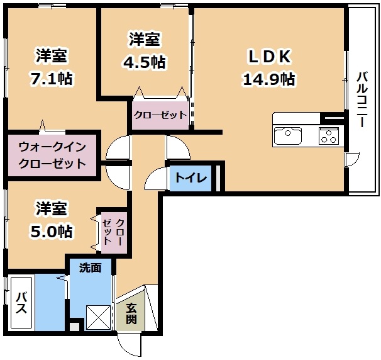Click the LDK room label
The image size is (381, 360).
tap(269, 57)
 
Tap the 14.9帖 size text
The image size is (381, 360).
tap(269, 79)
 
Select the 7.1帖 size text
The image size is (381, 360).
tap(52, 78)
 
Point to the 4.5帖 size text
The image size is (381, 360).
tap(145, 62)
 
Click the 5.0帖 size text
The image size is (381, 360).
tap(52, 231)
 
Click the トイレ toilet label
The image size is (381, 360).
tap(191, 178)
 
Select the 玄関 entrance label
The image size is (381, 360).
tap(131, 313)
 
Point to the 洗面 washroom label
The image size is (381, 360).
tap(91, 268)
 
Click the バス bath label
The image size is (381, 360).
tap(21, 303)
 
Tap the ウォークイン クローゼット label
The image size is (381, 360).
tap(52, 155)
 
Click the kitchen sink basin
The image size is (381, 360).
tap(288, 136)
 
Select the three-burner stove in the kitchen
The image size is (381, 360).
tap(329, 136)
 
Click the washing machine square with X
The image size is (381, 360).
tap(98, 317)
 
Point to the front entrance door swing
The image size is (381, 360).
tap(129, 345)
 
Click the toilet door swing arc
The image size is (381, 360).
tap(156, 179)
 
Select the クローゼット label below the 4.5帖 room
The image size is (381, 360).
tap(160, 115)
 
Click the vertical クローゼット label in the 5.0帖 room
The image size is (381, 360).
tap(114, 231)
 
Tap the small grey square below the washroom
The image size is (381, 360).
tap(74, 326)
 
